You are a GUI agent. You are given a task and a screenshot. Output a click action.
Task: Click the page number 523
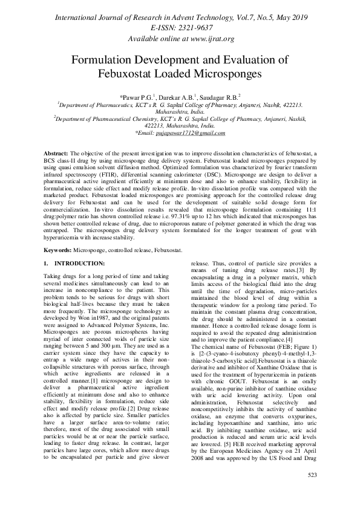tap(312, 493)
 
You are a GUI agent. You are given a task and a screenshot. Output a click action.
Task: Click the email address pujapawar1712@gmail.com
tap(191, 132)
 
